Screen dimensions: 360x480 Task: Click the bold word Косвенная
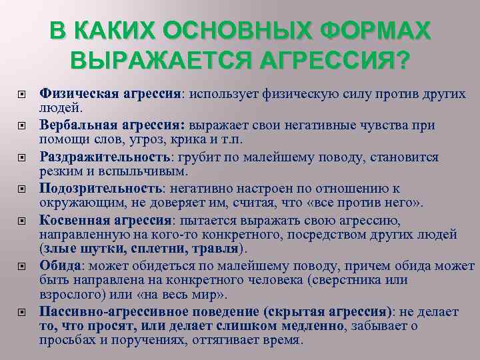pos(71,220)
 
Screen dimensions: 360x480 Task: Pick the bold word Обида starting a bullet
pos(59,265)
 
